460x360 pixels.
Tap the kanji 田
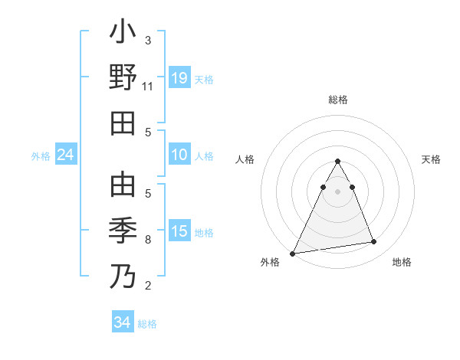coord(123,123)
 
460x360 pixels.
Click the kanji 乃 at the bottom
coord(123,275)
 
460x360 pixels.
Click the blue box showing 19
coord(179,78)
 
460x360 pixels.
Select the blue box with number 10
coord(179,155)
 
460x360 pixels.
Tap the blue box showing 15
coord(179,231)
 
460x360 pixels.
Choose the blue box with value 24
coord(66,155)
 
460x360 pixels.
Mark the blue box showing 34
coord(123,322)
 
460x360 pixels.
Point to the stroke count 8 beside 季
coord(148,240)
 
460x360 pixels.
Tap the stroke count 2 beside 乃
coord(148,286)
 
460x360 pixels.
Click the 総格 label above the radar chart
coord(337,100)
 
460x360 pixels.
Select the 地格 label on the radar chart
coord(402,262)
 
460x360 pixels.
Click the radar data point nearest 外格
coord(293,253)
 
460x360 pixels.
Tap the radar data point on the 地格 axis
coord(374,242)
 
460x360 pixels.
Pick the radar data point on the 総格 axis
coord(337,162)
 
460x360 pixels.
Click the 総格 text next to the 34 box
coord(147,324)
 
